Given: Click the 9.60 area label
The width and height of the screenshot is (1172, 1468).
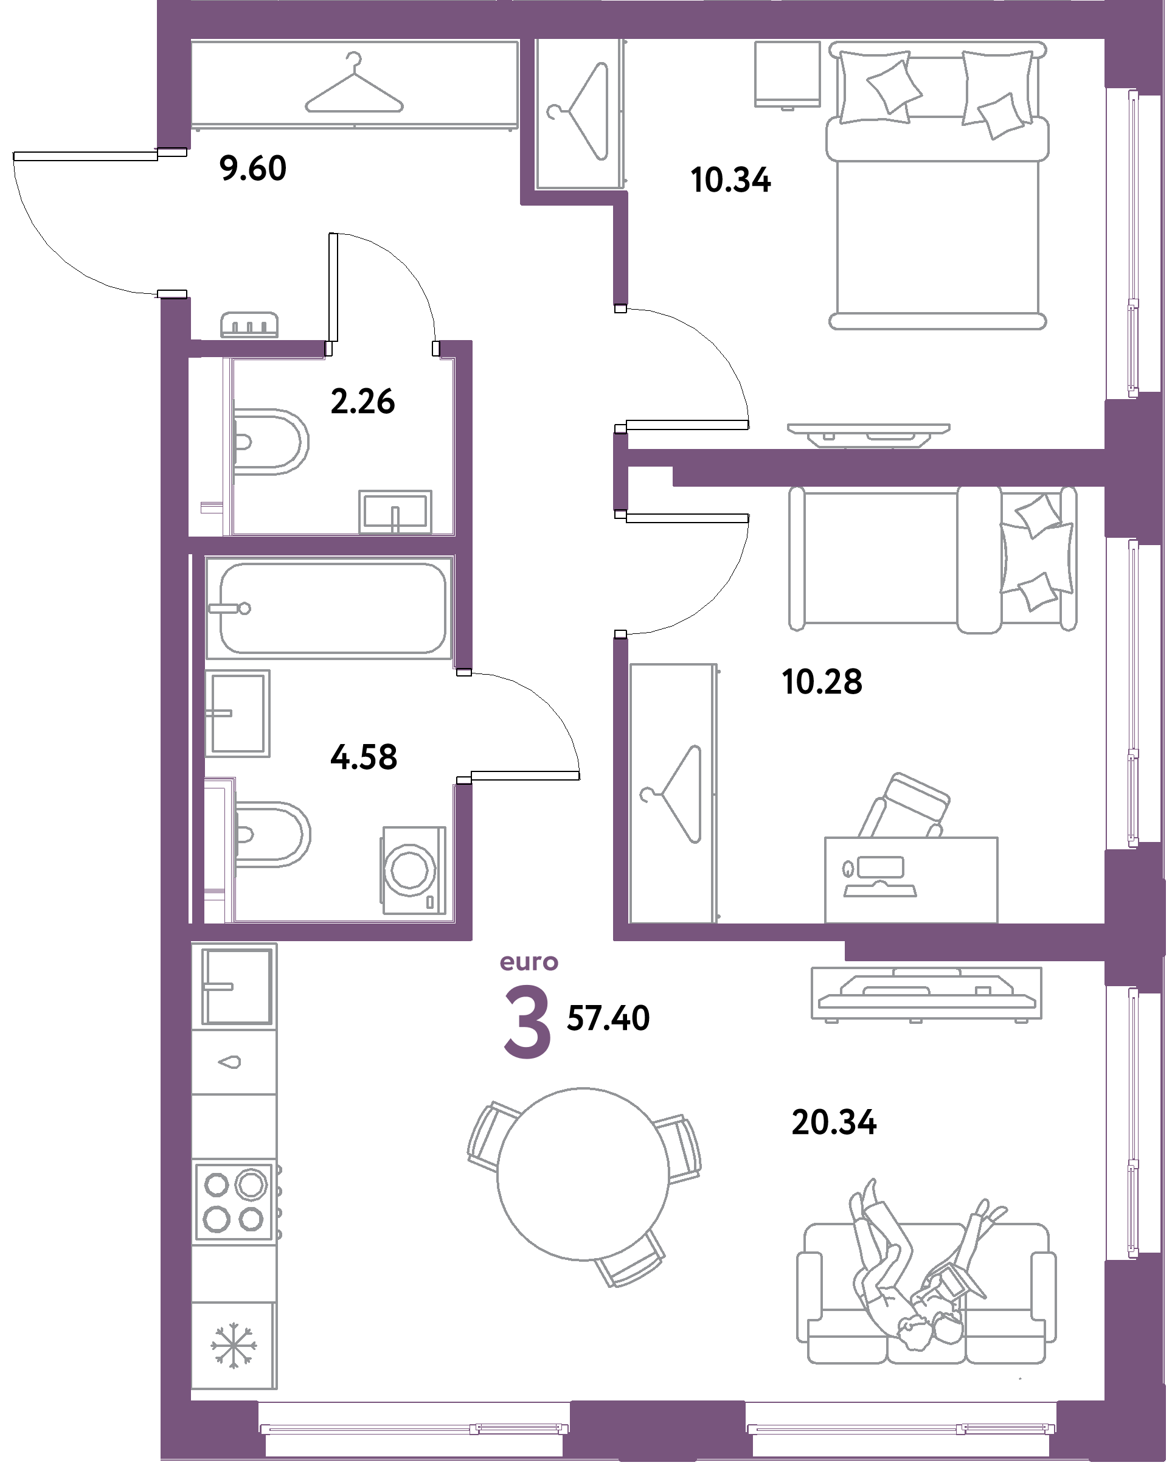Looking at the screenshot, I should pos(253,168).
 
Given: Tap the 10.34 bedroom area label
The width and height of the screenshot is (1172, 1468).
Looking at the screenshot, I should pos(730,181).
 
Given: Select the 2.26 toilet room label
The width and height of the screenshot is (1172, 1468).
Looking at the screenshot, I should pos(362,402).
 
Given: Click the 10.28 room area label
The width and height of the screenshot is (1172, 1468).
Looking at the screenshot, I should pos(822,681).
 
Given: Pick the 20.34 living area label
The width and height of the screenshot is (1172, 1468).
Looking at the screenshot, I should pos(834,1122).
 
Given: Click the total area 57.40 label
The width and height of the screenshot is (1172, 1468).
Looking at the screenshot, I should pos(608,1018).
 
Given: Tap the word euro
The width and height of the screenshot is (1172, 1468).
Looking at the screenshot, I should pos(529,962).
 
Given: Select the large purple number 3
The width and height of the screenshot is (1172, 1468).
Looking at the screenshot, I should pos(527,1023).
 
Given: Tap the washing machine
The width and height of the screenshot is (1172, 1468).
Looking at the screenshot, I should pos(414,869).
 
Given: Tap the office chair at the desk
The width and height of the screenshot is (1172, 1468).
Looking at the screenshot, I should pos(906,805).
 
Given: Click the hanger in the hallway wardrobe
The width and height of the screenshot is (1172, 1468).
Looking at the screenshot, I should pos(353,85).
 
